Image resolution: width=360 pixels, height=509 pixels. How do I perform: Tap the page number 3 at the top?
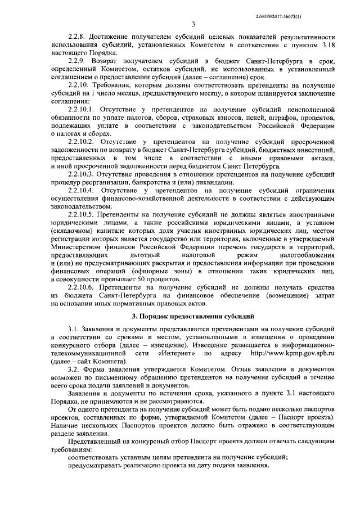(193, 24)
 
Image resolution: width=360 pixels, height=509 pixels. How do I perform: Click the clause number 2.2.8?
(76, 36)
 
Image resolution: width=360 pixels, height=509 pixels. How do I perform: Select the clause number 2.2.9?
(76, 60)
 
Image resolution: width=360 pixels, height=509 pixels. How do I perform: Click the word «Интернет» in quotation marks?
(177, 353)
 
